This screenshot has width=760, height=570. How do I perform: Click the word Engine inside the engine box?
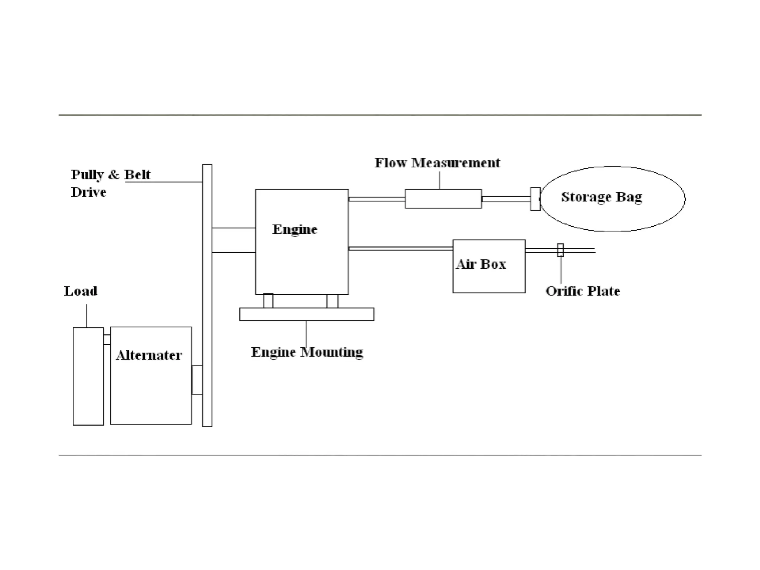[295, 229]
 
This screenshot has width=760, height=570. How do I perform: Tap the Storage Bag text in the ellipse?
[602, 197]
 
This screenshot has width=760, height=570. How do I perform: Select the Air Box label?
[481, 264]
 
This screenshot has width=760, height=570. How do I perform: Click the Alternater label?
[149, 355]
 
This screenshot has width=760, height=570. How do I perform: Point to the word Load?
[81, 291]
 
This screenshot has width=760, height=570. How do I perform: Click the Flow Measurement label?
[437, 163]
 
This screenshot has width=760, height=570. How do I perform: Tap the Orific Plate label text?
[583, 291]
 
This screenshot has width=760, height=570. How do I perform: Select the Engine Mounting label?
[307, 352]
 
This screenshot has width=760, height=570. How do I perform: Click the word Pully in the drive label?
[87, 174]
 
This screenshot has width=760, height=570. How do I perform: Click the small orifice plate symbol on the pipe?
[560, 250]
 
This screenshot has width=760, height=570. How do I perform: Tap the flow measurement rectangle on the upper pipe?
[443, 199]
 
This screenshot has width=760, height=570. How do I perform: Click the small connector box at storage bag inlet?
[535, 199]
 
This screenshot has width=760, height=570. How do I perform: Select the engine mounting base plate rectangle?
[307, 314]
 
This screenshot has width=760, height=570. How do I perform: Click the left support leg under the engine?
[268, 301]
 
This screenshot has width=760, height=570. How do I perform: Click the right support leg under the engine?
[332, 301]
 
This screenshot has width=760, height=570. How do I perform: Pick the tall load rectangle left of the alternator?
[88, 376]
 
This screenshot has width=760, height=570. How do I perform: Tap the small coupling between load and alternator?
[107, 340]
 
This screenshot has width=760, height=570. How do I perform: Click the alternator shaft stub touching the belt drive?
[197, 380]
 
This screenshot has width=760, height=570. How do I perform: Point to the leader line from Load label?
[87, 316]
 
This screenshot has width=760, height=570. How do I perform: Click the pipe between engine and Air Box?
[400, 248]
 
